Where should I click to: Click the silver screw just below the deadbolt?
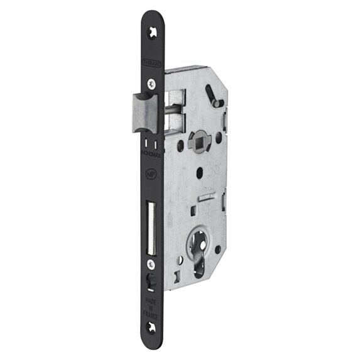point(151,265)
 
